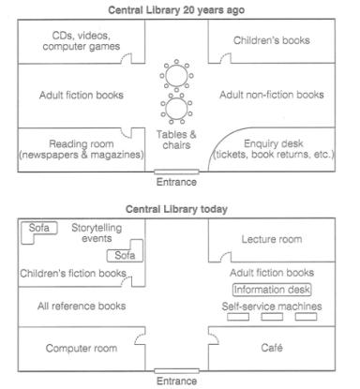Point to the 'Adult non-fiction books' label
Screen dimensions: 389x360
271,95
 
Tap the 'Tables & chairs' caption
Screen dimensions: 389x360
176,142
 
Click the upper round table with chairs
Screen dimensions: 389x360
176,74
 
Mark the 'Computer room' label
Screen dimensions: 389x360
82,348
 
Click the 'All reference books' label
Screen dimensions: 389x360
82,306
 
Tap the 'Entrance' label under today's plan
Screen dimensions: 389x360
177,381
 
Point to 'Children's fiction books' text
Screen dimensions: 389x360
73,273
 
